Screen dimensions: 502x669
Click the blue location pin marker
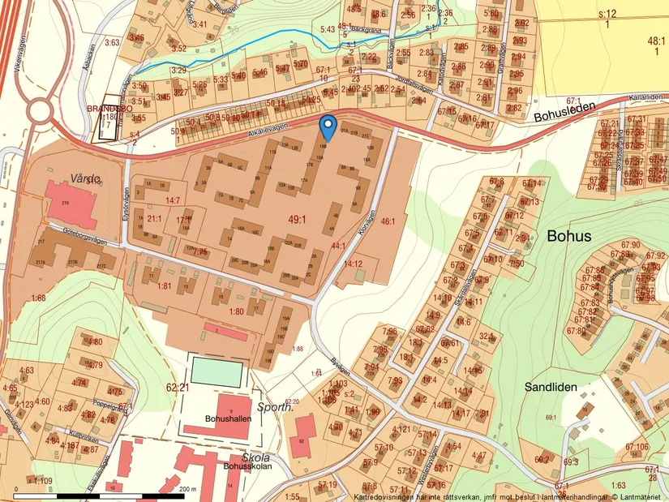point(328,127)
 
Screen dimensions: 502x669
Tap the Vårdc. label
point(84,178)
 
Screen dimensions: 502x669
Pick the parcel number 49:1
point(298,220)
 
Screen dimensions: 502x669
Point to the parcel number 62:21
point(177,388)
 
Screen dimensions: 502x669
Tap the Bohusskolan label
point(245,467)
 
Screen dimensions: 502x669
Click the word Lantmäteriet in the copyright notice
point(637,496)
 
